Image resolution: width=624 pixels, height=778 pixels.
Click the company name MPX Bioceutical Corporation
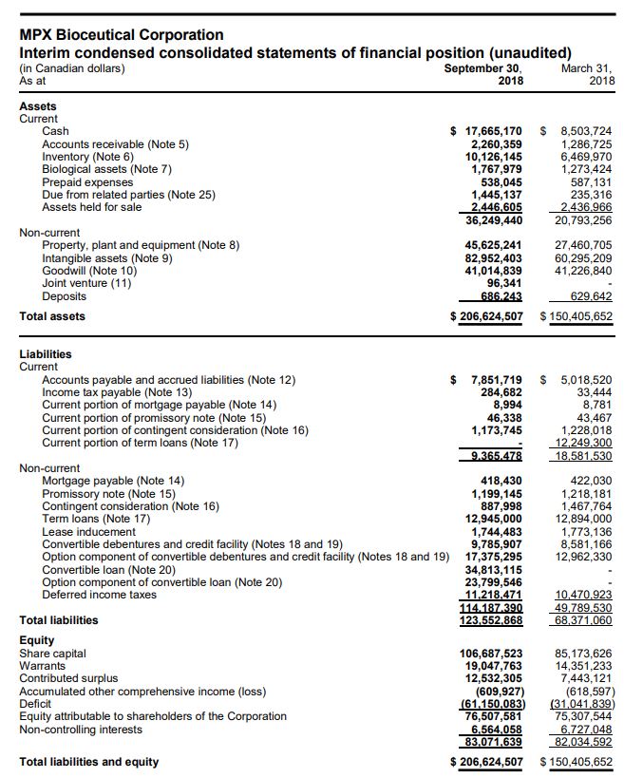[x=122, y=35]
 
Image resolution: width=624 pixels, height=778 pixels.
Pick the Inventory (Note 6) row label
[x=88, y=157]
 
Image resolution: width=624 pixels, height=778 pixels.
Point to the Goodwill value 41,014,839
[x=493, y=271]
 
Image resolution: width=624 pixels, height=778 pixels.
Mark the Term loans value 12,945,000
[x=493, y=519]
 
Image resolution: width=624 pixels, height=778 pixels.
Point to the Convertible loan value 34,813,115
[x=493, y=570]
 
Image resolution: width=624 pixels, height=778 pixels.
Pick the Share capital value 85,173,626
[x=584, y=654]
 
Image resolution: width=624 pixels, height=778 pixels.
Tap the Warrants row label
[x=43, y=666]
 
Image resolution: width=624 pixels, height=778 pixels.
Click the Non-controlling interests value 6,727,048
[x=588, y=730]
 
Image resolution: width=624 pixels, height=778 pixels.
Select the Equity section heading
[x=37, y=640]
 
